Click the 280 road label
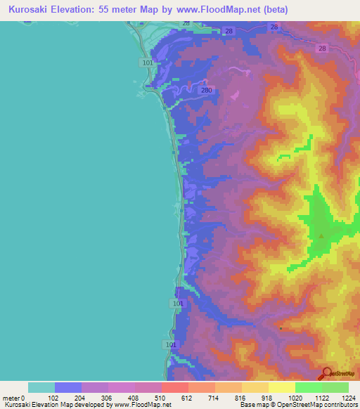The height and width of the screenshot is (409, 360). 206,91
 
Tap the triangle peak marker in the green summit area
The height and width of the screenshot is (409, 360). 321,236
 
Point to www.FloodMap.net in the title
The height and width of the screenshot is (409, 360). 215,10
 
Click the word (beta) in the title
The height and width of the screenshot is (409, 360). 274,10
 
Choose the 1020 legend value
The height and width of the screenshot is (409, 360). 295,397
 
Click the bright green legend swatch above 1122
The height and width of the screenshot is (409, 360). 308,387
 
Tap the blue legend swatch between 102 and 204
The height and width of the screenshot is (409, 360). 68,387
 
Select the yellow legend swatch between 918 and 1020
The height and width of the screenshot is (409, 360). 281,387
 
